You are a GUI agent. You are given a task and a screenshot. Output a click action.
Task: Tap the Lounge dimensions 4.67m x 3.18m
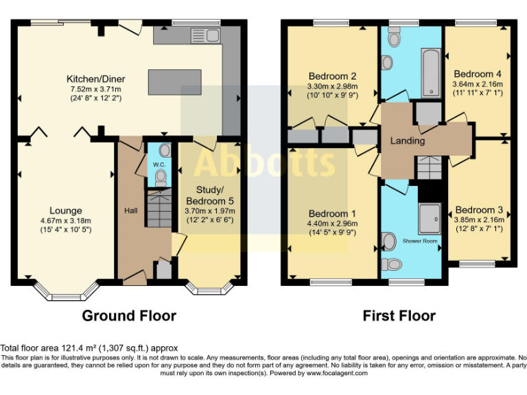(x=66, y=221)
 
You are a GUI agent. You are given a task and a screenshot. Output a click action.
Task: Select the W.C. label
(x=159, y=165)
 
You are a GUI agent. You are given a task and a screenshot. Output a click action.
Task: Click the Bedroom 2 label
(x=332, y=75)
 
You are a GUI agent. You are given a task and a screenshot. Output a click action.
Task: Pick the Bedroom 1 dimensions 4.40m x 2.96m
(x=332, y=223)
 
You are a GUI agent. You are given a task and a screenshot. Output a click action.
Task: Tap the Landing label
(x=408, y=141)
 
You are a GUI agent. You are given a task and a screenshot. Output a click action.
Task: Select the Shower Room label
(x=419, y=241)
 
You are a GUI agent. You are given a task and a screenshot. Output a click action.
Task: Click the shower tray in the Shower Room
(x=431, y=217)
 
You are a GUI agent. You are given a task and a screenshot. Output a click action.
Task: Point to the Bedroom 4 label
(x=477, y=74)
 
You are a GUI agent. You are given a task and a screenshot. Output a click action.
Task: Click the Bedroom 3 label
(x=478, y=210)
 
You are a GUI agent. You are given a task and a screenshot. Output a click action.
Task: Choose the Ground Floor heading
(x=129, y=315)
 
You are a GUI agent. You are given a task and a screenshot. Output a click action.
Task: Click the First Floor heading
(x=399, y=315)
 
